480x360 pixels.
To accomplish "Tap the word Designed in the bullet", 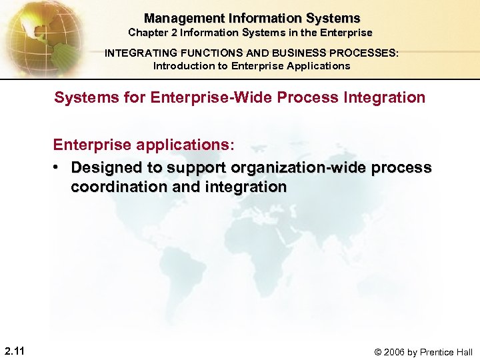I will click(102, 167).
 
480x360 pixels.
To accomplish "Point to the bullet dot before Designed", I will click(58, 167).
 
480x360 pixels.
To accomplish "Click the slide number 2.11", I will click(15, 351).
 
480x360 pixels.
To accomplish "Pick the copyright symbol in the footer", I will click(378, 352).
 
